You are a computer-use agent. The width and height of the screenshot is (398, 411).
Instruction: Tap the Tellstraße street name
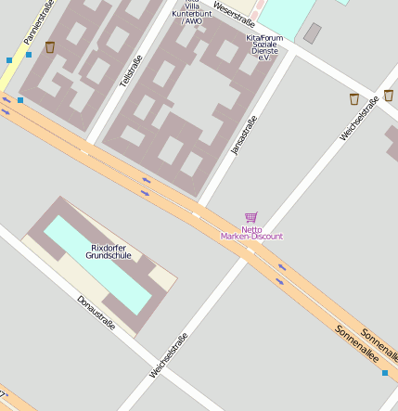(x=131, y=72)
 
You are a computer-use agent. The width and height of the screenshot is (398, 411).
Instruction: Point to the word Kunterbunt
(x=192, y=13)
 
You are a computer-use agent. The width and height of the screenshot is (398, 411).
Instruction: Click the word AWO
(x=193, y=20)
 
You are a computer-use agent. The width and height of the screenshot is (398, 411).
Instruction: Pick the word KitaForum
(x=264, y=38)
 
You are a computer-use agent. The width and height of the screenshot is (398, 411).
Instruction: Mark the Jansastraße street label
(x=243, y=134)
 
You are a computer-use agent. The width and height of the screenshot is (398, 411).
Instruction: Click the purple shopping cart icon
(x=250, y=217)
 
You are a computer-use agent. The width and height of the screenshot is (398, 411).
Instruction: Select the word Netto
(x=251, y=228)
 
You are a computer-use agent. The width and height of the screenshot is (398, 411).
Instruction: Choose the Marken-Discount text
(x=251, y=237)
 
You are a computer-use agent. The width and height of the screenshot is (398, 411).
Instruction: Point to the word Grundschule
(x=109, y=255)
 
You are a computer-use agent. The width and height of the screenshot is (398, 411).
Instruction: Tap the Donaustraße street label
(x=96, y=313)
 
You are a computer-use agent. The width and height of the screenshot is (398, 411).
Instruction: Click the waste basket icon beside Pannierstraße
(x=50, y=46)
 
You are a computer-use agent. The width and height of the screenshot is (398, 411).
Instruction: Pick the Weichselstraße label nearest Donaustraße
(x=168, y=354)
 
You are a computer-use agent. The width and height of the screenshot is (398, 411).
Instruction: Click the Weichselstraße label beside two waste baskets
(x=359, y=119)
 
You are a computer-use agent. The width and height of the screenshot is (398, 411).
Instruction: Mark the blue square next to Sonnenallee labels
(x=385, y=373)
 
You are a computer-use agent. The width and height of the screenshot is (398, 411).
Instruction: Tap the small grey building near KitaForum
(x=313, y=33)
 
